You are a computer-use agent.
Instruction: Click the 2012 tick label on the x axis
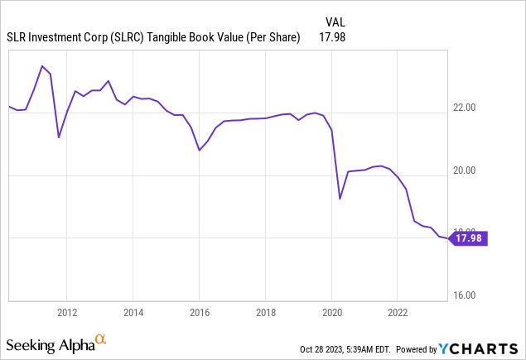(x=67, y=312)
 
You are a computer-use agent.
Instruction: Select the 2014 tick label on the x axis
(x=133, y=312)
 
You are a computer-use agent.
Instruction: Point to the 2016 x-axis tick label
(x=199, y=312)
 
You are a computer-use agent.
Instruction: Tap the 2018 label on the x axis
(x=265, y=312)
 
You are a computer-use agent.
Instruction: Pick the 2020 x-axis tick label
(x=331, y=312)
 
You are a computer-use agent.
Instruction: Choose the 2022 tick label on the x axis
(x=397, y=312)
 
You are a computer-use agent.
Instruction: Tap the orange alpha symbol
(x=100, y=339)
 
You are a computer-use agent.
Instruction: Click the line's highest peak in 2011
(x=42, y=65)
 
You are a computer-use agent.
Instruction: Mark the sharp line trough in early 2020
(x=340, y=199)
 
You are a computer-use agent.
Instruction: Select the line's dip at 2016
(x=200, y=150)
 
